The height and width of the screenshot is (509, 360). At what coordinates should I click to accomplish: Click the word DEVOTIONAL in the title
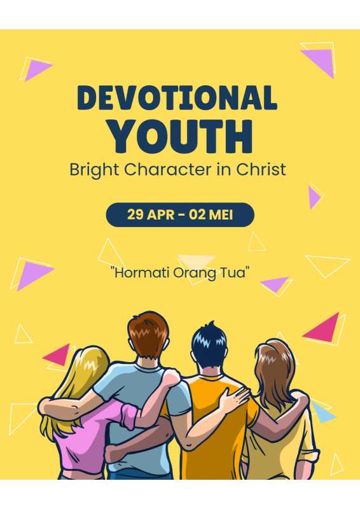pyautogui.click(x=177, y=97)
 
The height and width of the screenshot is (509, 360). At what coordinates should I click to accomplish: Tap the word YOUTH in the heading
pyautogui.click(x=181, y=137)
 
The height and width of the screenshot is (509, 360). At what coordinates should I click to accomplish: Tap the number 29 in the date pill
pyautogui.click(x=135, y=214)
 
